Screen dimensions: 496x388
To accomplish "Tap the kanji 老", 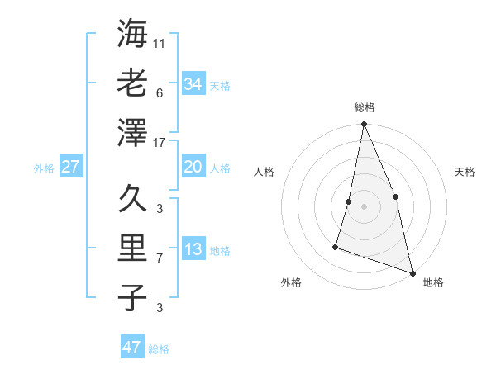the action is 132,83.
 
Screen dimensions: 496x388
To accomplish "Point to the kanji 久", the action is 132,198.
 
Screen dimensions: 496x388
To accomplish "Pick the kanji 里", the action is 132,248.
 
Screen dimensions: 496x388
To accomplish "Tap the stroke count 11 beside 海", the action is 160,43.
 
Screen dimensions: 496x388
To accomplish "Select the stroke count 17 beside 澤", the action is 160,142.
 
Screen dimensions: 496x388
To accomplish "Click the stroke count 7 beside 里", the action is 160,258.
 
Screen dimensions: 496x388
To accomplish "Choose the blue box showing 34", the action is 193,83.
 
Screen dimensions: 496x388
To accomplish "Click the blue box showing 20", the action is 193,167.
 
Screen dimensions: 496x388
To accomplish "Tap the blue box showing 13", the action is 193,249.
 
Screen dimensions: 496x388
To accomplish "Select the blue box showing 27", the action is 70,167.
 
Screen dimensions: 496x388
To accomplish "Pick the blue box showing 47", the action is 131,348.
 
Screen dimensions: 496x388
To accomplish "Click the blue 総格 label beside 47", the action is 159,349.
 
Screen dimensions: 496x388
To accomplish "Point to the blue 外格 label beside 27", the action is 44,168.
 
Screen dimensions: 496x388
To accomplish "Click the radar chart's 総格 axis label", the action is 365,107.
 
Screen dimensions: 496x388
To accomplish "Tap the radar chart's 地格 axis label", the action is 433,282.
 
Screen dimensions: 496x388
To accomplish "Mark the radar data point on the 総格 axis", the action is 364,125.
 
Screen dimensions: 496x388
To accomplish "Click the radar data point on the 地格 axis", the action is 413,272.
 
